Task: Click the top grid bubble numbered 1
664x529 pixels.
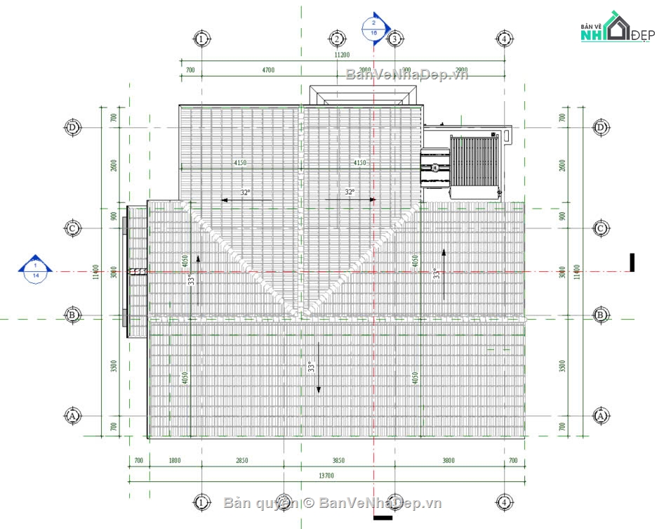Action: (201, 38)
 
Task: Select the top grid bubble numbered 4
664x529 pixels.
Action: (504, 38)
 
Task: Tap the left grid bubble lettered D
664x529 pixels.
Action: (72, 127)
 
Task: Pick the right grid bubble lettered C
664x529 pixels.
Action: (600, 228)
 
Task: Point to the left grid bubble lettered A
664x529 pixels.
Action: (72, 416)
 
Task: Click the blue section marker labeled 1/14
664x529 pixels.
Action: (35, 268)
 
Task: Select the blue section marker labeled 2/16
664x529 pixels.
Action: (373, 27)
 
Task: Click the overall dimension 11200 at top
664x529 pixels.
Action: (342, 54)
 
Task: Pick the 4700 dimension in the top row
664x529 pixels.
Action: (268, 70)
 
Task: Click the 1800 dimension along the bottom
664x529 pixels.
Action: (175, 461)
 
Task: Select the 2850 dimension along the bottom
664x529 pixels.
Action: (241, 461)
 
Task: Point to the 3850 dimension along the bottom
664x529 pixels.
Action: (338, 461)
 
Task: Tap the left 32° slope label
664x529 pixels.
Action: (245, 192)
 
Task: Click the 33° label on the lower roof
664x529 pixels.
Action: (310, 367)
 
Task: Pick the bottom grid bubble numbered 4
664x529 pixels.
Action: (504, 502)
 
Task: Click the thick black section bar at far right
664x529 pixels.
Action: (632, 262)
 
